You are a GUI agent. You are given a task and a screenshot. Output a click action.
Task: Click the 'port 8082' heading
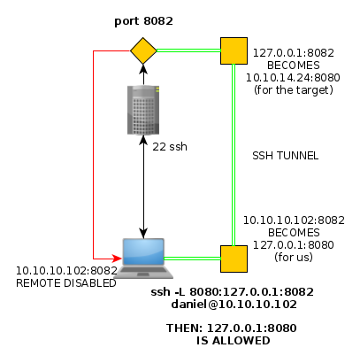coord(143,21)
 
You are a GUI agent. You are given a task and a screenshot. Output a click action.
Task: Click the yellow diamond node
coord(143,50)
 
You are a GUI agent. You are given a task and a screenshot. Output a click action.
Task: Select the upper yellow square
coord(234,50)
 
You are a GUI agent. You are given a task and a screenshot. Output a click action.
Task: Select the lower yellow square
coord(234,259)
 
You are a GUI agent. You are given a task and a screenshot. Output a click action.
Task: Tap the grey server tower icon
coord(143,110)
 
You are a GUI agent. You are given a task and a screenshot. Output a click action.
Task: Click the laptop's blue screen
coord(143,251)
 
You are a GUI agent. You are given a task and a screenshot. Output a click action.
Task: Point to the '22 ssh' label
coord(170,147)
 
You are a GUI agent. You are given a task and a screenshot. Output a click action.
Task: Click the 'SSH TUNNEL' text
coord(286,156)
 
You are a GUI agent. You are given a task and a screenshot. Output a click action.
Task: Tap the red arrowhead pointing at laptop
coord(118,259)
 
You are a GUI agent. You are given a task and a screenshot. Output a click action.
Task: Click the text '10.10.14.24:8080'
coord(293,78)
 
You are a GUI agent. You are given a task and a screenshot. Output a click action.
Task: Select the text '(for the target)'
coord(294,90)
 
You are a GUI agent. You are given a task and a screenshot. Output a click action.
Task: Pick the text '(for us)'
coord(294,257)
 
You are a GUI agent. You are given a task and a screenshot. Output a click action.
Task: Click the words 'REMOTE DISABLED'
coord(66,283)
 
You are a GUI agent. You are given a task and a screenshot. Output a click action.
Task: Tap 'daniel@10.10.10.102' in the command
coord(234,305)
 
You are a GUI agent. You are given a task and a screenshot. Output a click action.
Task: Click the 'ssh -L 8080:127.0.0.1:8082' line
coord(233,292)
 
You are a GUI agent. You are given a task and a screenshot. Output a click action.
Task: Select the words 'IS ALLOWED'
coord(234,341)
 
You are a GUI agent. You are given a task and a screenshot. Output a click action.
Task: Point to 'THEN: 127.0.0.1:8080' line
coord(232,328)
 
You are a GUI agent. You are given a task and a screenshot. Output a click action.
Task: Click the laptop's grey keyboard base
coord(143,272)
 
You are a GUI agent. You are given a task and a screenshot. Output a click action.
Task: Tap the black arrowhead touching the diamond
coord(143,69)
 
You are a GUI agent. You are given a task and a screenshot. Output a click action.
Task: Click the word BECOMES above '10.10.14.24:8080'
coord(294,66)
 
